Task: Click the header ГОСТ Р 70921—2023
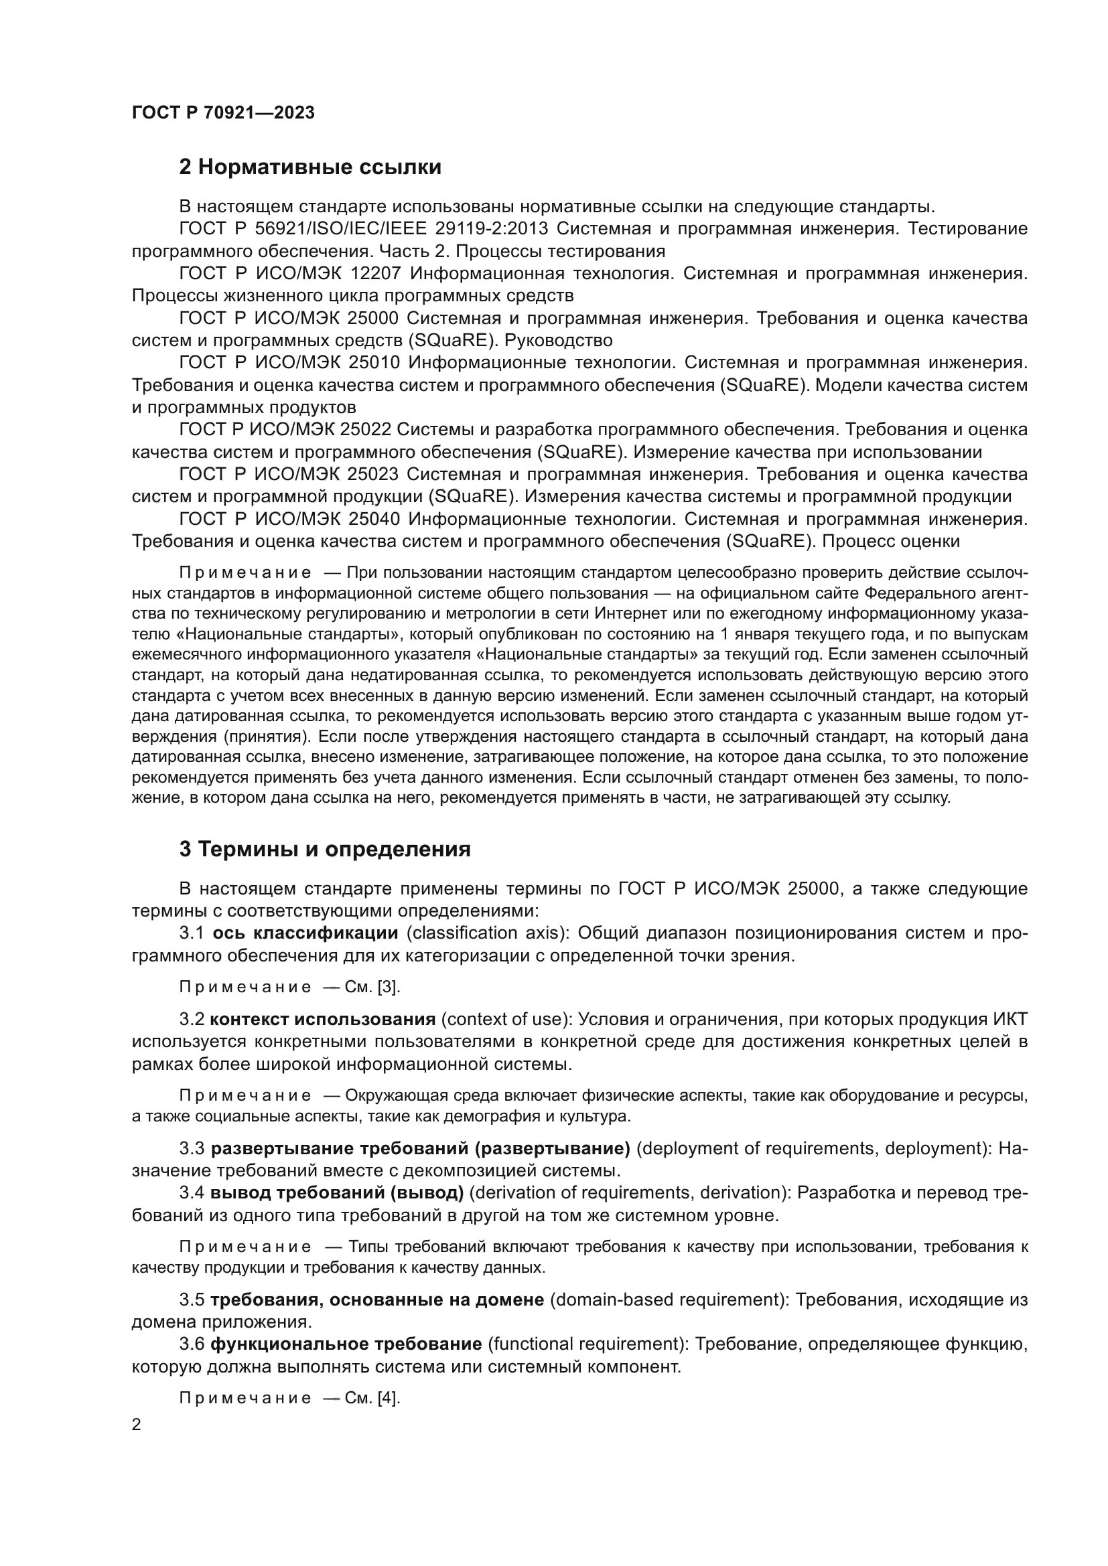pyautogui.click(x=223, y=113)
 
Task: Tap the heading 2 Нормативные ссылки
pyautogui.click(x=309, y=167)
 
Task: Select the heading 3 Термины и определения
pyautogui.click(x=325, y=849)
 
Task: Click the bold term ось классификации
pyautogui.click(x=305, y=933)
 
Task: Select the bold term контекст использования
pyautogui.click(x=323, y=1020)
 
